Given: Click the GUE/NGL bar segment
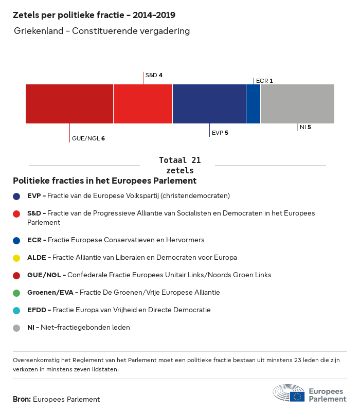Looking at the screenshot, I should click(x=69, y=104).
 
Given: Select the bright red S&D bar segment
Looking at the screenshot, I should click(x=143, y=104).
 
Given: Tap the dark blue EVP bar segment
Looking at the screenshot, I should click(x=209, y=104).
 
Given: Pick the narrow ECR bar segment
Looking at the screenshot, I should click(x=253, y=104).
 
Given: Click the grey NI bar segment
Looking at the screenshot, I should click(x=297, y=104).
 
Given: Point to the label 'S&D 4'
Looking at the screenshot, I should click(x=154, y=75).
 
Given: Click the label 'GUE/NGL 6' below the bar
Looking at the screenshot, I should click(x=88, y=138).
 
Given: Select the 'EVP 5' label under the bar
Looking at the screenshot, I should click(x=220, y=133).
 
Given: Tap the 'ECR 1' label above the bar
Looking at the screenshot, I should click(x=264, y=81).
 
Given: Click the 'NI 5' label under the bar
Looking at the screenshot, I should click(x=305, y=127).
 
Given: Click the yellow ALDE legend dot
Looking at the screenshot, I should click(x=17, y=258).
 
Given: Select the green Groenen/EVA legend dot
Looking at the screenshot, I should click(x=17, y=293).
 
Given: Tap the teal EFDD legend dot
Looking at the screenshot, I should click(x=17, y=310).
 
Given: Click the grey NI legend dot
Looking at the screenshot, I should click(x=17, y=328).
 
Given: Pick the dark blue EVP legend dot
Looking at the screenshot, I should click(x=17, y=196).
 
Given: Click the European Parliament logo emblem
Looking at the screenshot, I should click(x=289, y=393).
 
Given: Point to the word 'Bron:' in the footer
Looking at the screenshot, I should click(x=22, y=399).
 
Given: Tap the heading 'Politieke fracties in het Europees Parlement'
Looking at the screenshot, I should click(x=105, y=181).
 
